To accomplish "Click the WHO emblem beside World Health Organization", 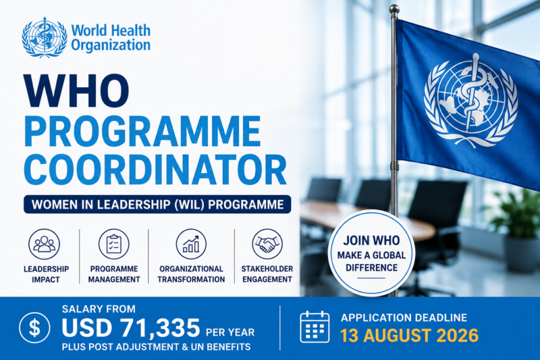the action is pyautogui.click(x=45, y=38).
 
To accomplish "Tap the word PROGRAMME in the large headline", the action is pyautogui.click(x=142, y=131).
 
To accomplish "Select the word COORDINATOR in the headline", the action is pyautogui.click(x=155, y=170).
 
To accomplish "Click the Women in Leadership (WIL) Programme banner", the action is pyautogui.click(x=157, y=204).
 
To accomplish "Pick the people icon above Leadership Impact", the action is pyautogui.click(x=44, y=244).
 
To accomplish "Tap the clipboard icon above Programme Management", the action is pyautogui.click(x=114, y=244).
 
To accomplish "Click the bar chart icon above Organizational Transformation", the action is pyautogui.click(x=191, y=244).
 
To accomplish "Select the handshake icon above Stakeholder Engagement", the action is pyautogui.click(x=267, y=244).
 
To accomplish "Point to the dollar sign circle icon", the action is pyautogui.click(x=35, y=328).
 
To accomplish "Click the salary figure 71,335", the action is pyautogui.click(x=160, y=328).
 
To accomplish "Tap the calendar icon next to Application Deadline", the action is pyautogui.click(x=315, y=327).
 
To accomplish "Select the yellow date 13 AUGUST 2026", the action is pyautogui.click(x=410, y=336).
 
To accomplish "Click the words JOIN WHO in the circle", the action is pyautogui.click(x=372, y=240).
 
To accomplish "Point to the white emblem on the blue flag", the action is pyautogui.click(x=470, y=100).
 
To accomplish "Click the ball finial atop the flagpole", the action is pyautogui.click(x=394, y=9).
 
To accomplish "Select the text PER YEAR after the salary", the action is pyautogui.click(x=230, y=332).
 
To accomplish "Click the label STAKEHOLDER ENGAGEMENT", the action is pyautogui.click(x=267, y=274).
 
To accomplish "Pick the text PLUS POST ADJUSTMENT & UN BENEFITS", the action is pyautogui.click(x=157, y=346).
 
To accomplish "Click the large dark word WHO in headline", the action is pyautogui.click(x=76, y=91).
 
